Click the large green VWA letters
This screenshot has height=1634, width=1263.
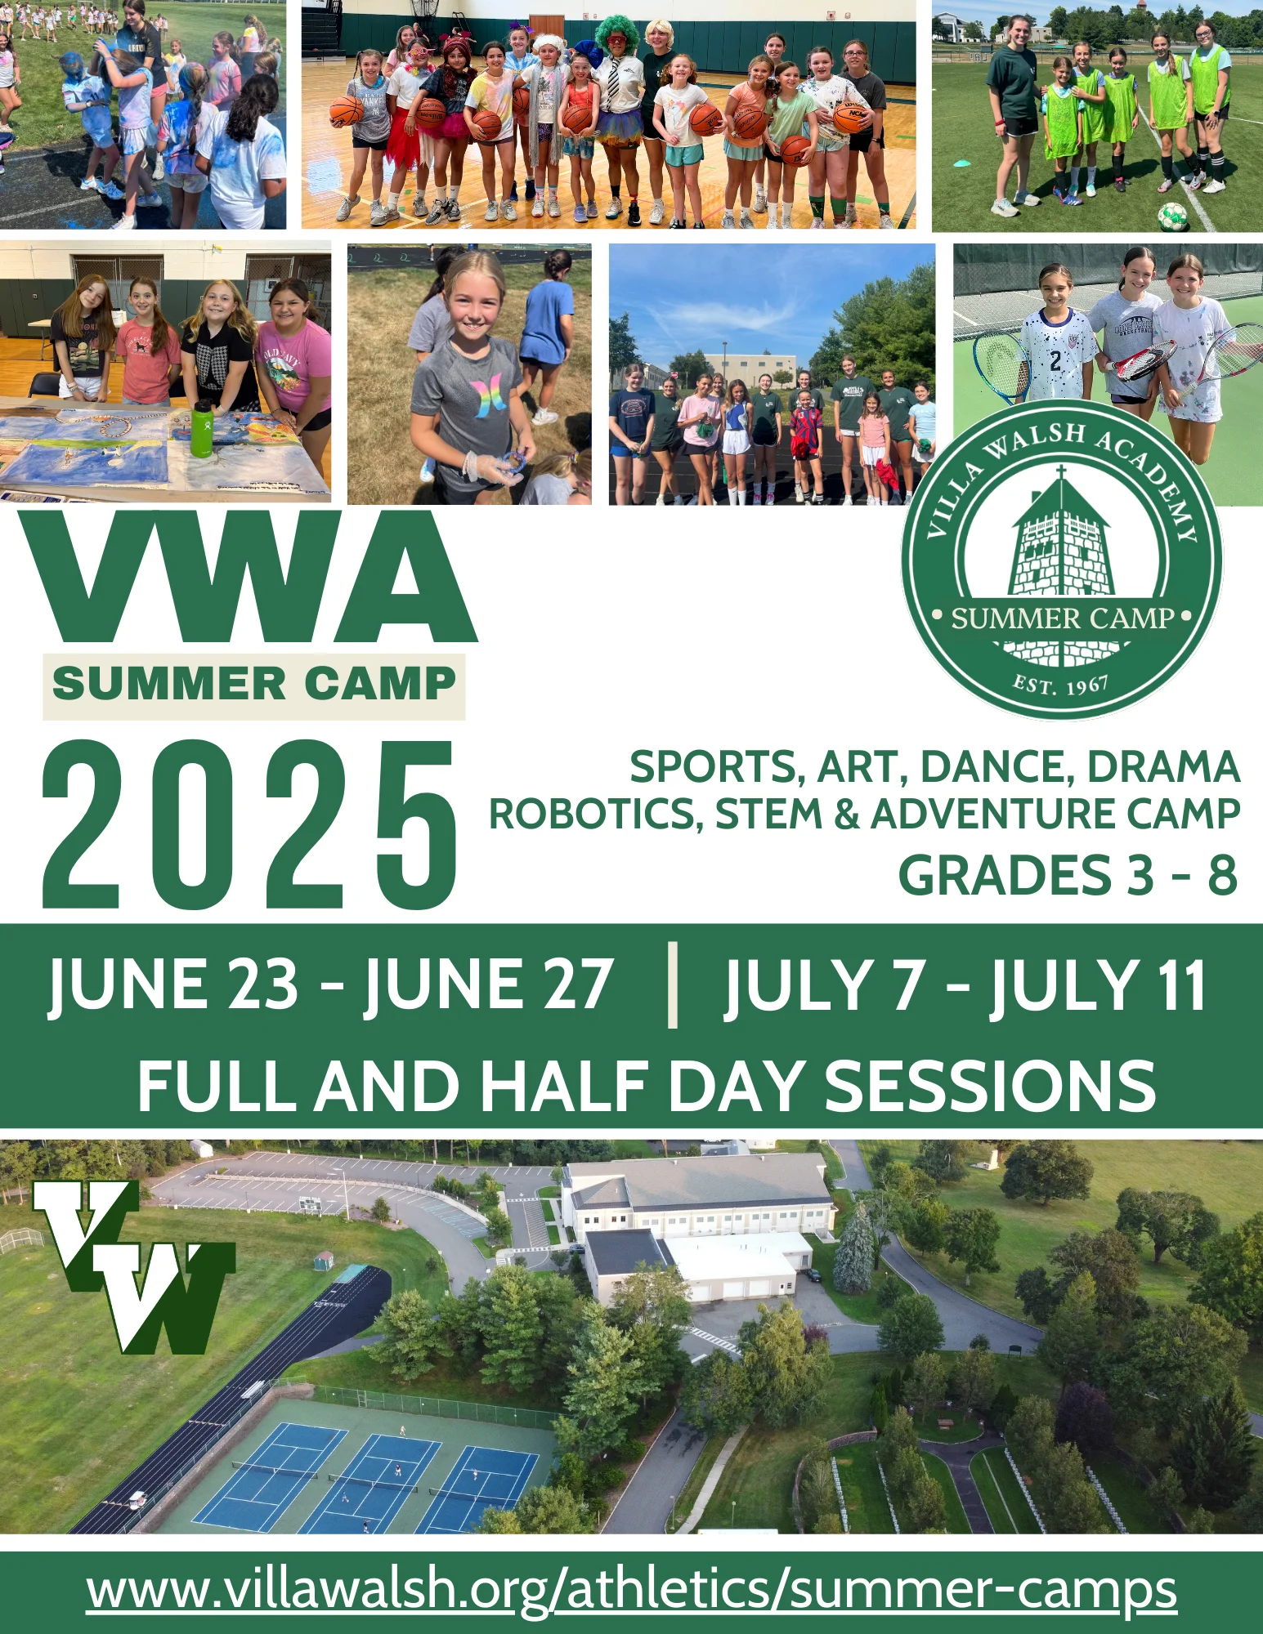tap(247, 577)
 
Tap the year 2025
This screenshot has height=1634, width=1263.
tap(250, 824)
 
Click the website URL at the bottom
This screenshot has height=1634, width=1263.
tap(631, 1590)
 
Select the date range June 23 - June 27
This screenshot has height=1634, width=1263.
tap(330, 985)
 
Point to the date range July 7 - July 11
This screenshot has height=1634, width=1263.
tap(965, 985)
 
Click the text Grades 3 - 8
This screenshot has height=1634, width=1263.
tap(1068, 875)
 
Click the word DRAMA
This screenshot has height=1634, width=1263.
tap(1163, 766)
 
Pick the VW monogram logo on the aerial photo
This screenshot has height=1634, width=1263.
tap(134, 1266)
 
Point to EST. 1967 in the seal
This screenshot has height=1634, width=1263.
tap(1061, 685)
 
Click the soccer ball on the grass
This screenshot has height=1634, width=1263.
tap(1171, 217)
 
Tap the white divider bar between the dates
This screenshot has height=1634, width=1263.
tap(673, 984)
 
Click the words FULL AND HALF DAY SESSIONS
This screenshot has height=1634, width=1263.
tap(647, 1086)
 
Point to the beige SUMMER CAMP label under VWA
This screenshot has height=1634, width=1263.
tap(254, 686)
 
